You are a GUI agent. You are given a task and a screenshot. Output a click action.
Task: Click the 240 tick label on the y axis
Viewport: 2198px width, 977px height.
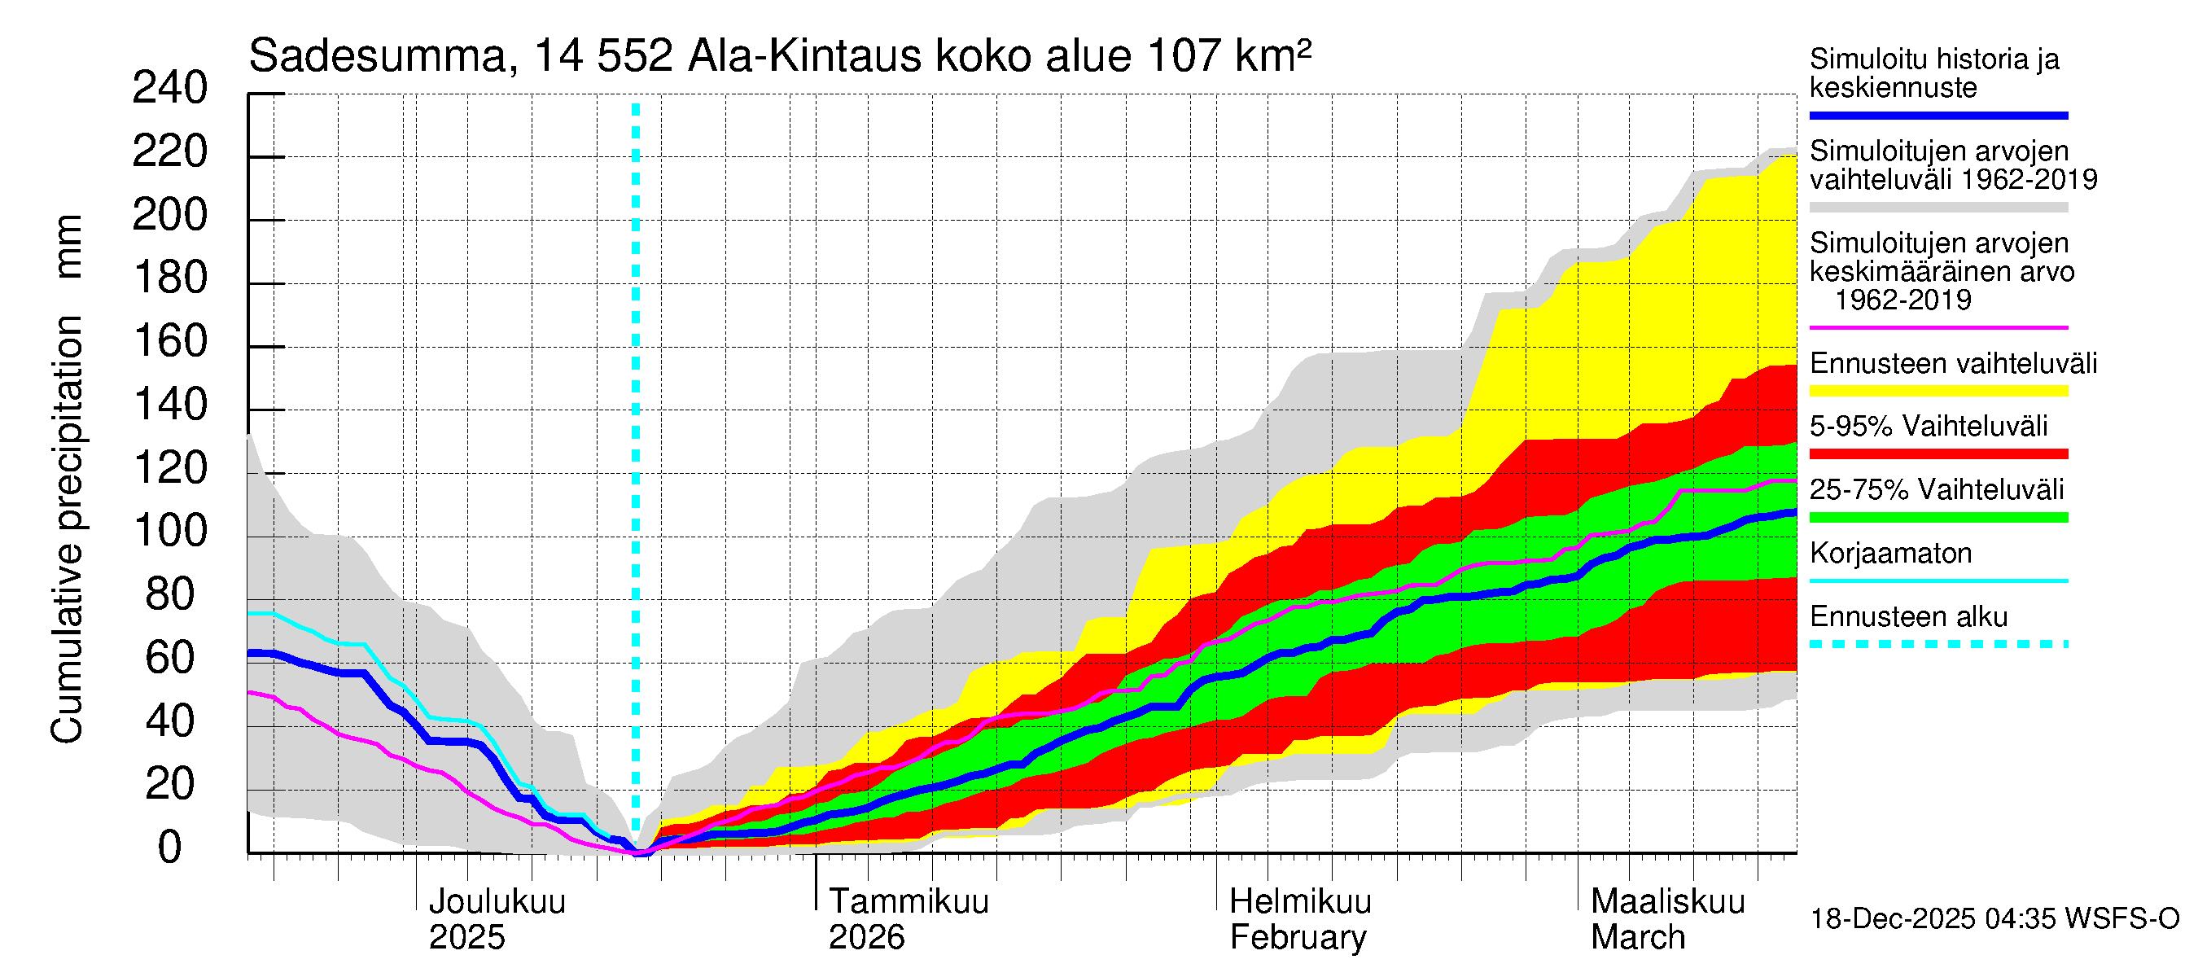pos(170,89)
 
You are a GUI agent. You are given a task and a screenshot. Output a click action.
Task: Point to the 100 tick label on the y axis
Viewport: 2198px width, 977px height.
pos(170,532)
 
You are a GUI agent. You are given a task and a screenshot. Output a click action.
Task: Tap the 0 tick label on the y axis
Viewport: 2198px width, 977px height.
pos(170,848)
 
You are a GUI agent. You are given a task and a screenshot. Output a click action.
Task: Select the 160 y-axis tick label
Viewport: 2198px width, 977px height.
pos(170,342)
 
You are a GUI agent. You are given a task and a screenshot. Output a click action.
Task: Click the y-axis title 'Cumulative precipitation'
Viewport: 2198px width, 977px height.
pos(67,529)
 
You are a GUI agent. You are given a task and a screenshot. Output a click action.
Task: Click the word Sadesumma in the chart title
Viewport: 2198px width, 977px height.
pos(377,57)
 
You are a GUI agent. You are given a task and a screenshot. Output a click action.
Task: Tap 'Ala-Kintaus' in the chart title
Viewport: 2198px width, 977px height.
pos(804,57)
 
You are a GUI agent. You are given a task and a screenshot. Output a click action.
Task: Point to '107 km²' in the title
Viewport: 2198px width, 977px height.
pos(1228,57)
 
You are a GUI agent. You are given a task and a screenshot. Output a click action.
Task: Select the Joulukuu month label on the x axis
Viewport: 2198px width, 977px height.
pos(497,901)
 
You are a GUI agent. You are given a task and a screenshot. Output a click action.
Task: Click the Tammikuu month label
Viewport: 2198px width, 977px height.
pos(909,901)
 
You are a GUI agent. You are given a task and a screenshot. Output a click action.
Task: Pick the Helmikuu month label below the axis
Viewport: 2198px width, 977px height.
pos(1300,901)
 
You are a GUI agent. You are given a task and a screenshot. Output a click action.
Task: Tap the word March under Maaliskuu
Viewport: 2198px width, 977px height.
pos(1637,937)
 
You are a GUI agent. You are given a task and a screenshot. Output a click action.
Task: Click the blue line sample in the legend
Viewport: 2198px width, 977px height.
pos(1937,115)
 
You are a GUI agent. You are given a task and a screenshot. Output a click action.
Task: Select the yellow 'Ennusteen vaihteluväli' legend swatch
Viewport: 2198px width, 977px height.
pos(1937,392)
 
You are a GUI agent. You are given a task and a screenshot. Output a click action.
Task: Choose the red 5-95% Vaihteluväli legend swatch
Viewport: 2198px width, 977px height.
pos(1937,454)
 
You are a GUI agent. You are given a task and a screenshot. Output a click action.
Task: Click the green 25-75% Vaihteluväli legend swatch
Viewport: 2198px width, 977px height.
pos(1937,517)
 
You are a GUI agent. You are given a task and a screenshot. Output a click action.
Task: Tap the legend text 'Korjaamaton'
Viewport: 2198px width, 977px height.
pos(1890,554)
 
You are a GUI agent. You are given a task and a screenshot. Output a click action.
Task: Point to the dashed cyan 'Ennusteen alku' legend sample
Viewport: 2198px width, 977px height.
pos(1937,644)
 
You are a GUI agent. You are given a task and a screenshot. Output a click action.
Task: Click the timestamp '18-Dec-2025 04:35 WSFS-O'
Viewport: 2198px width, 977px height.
pos(1994,919)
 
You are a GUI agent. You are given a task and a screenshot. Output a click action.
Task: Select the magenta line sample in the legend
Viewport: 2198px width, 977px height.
pos(1937,327)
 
